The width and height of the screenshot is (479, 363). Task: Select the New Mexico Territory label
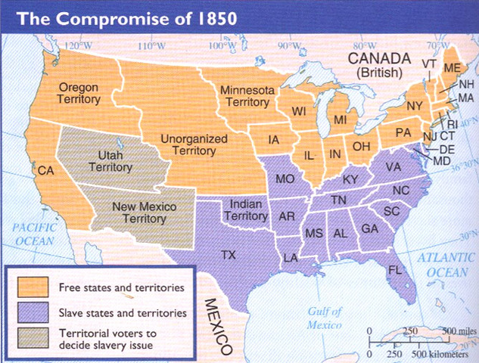[138, 211]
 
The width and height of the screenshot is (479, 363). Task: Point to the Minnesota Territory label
[245, 97]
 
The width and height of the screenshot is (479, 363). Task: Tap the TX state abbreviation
[228, 255]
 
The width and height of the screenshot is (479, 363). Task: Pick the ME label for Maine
[452, 67]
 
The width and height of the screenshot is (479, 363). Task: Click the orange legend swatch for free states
[30, 287]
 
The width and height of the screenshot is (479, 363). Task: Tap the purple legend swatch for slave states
[30, 311]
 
